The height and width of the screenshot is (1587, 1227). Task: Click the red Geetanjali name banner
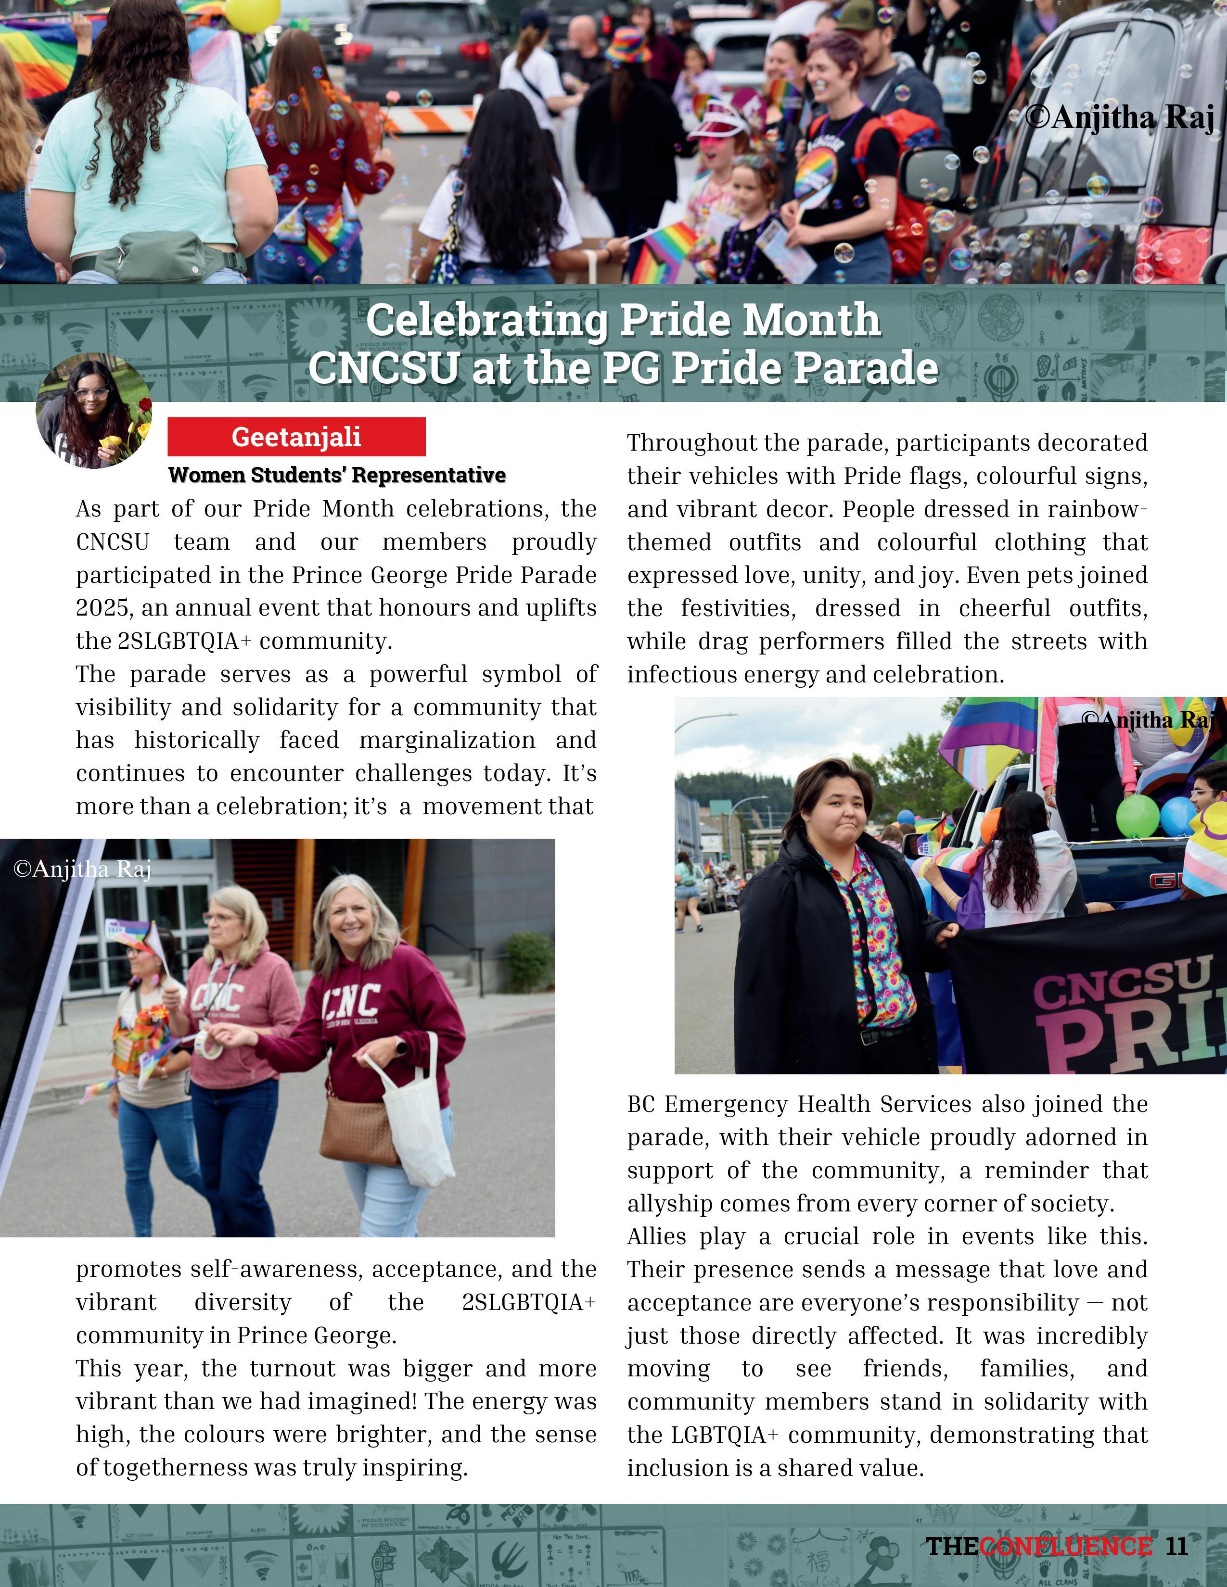tap(296, 437)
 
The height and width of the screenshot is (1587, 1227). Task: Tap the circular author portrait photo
tap(94, 411)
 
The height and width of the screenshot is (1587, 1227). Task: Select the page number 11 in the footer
tap(1176, 1546)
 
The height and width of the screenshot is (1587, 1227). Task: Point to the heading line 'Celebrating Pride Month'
tap(623, 320)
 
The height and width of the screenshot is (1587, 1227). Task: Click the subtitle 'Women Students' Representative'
tap(336, 475)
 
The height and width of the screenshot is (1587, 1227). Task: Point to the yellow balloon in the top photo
tap(252, 13)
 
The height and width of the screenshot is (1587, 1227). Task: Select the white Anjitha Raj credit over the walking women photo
tap(82, 869)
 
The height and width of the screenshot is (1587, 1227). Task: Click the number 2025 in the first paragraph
tap(102, 607)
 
